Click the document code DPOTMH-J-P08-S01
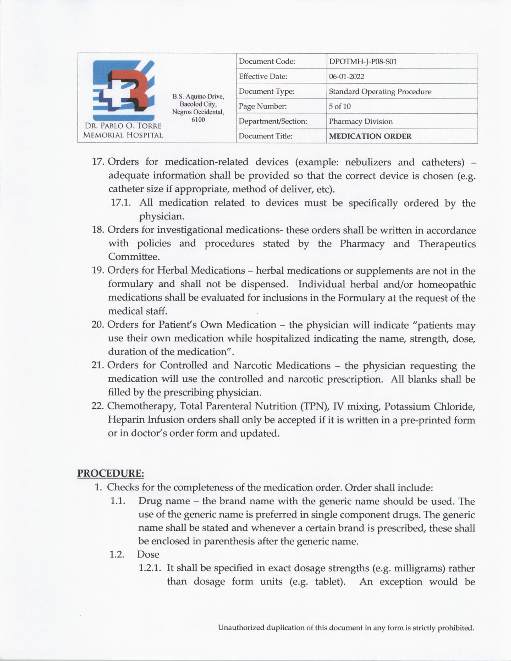[x=363, y=62]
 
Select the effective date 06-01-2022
[x=346, y=77]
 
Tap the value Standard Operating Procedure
[x=380, y=92]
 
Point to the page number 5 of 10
[x=339, y=107]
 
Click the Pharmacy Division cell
[x=361, y=121]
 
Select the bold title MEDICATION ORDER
[x=370, y=136]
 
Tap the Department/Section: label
[x=273, y=121]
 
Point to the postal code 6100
[x=198, y=120]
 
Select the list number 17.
[x=98, y=162]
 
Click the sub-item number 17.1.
[x=121, y=203]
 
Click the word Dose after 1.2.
[x=148, y=554]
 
